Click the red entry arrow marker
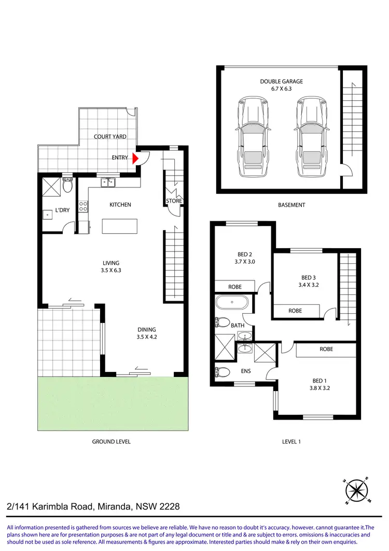click(136, 158)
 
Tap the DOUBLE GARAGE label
click(282, 82)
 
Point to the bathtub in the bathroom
click(231, 302)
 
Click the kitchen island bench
click(120, 227)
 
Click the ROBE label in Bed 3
click(295, 311)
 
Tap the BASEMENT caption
click(291, 205)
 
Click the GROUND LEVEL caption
click(111, 441)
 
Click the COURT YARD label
click(110, 137)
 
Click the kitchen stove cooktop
click(82, 207)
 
